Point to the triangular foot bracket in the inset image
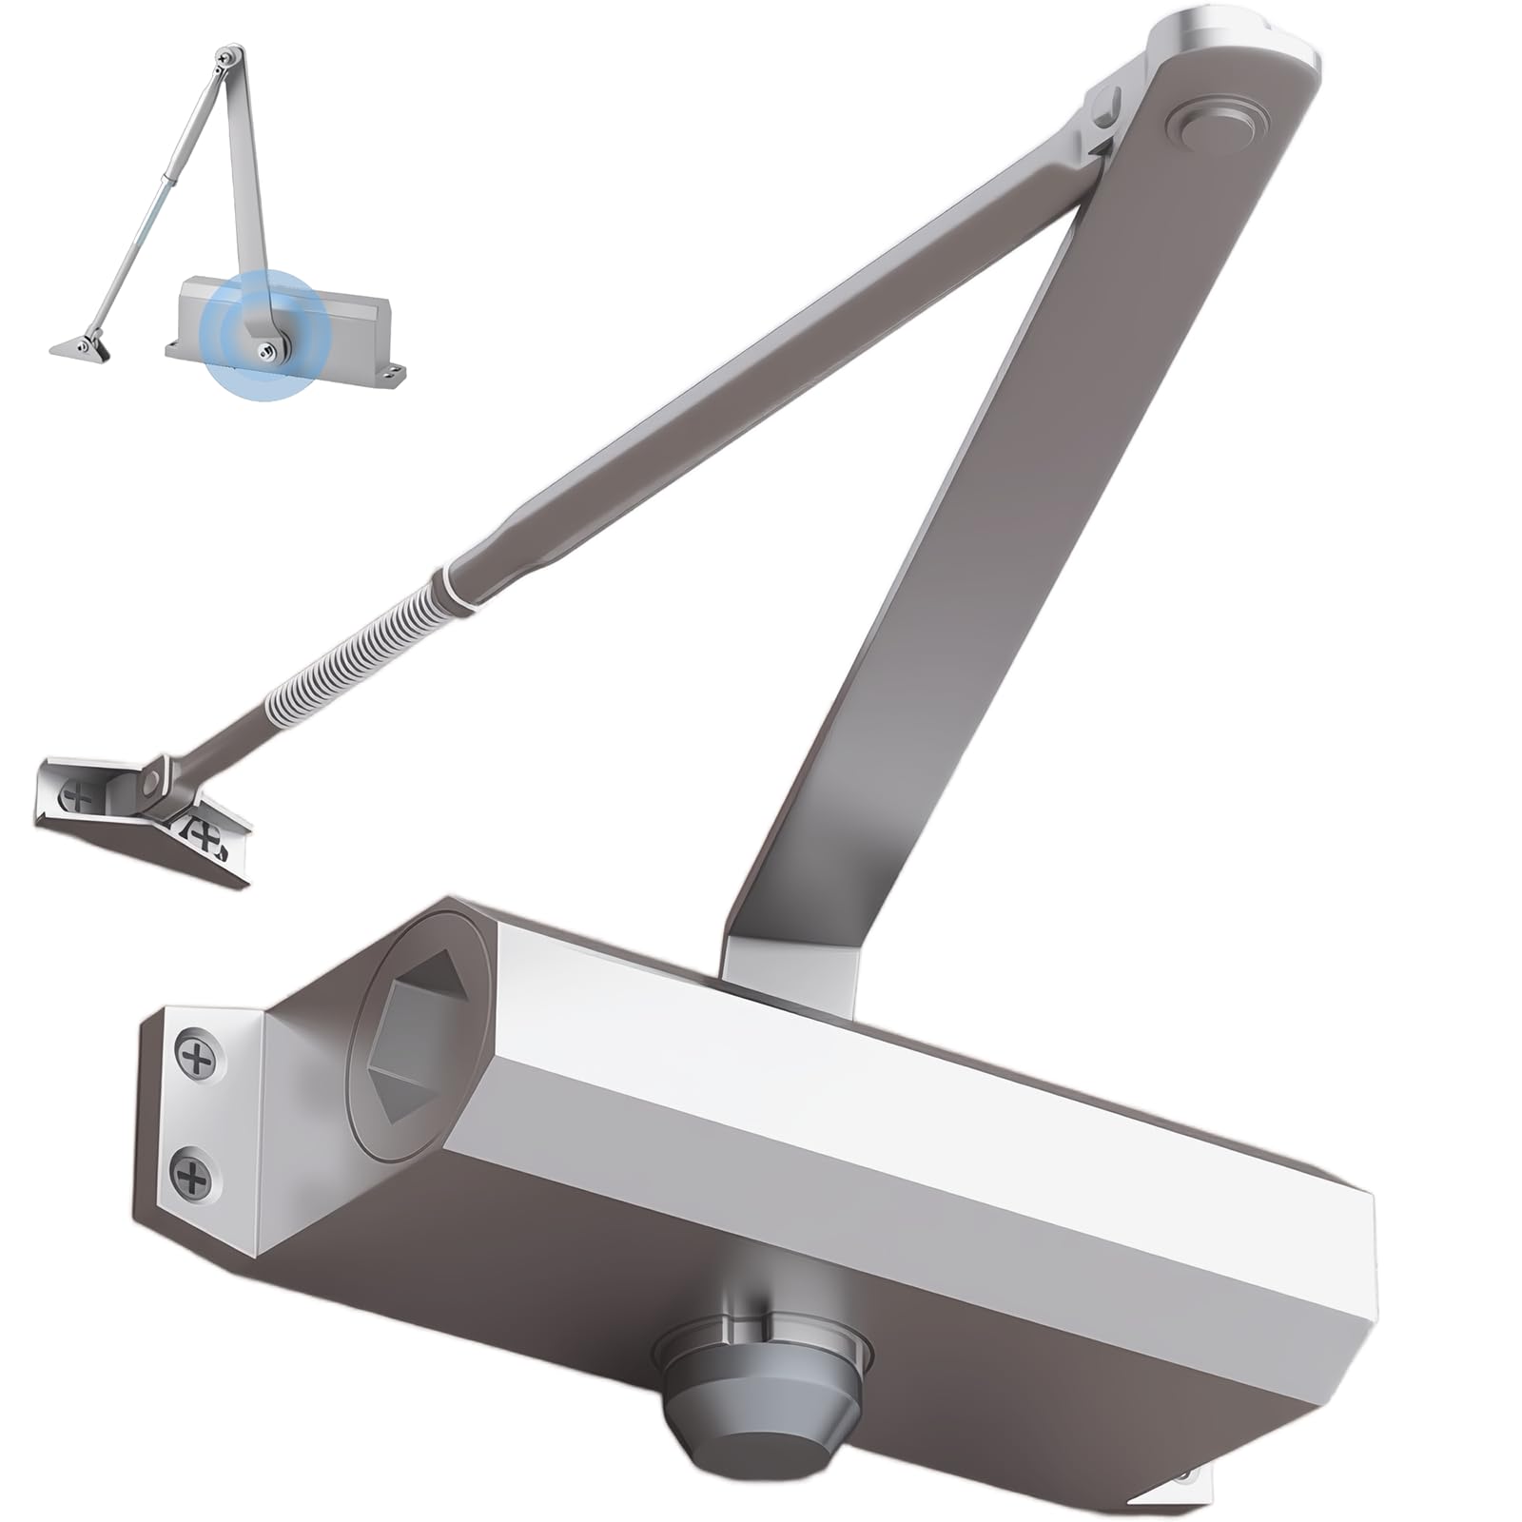[81, 347]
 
